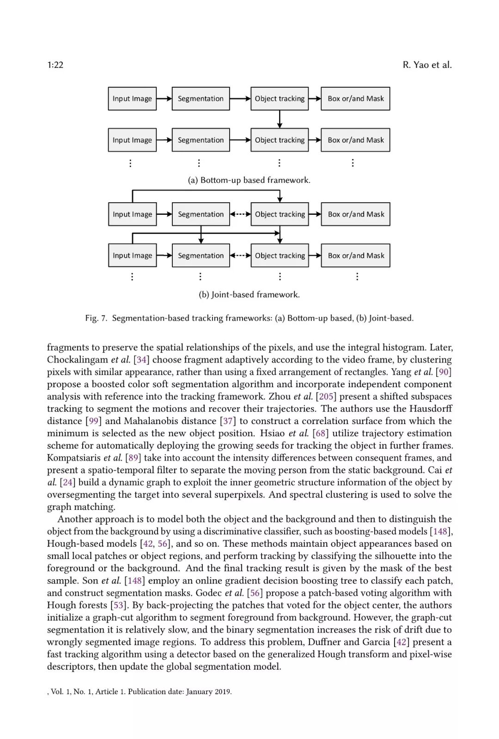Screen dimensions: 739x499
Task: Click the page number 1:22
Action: [x=55, y=65]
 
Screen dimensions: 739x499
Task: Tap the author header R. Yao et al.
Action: [x=427, y=65]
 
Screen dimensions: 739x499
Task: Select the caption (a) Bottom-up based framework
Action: [x=249, y=180]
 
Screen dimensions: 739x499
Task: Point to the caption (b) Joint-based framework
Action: [x=249, y=294]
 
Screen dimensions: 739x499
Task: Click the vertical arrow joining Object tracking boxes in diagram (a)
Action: [x=280, y=119]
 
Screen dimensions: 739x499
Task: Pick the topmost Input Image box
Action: [x=132, y=98]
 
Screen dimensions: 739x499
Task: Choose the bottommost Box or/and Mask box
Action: [x=356, y=255]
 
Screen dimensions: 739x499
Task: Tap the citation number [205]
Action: [x=326, y=396]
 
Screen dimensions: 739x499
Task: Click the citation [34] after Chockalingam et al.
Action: [x=141, y=359]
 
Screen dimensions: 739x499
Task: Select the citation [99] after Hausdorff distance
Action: [x=94, y=421]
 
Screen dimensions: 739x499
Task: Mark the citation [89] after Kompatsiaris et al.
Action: [x=133, y=458]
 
